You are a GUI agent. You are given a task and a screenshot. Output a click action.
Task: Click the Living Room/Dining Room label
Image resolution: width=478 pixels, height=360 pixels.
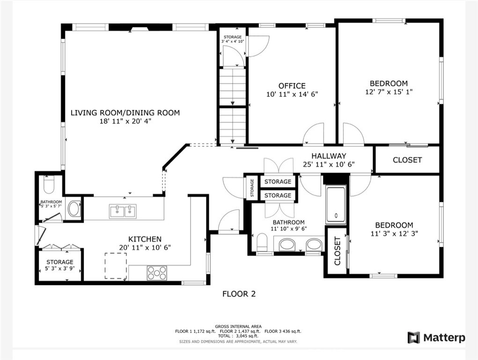point(125,113)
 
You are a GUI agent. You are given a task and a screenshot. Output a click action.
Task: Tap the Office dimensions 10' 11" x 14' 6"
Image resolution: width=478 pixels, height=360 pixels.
point(292,94)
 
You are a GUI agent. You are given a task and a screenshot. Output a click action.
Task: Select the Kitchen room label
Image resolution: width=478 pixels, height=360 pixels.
point(145,239)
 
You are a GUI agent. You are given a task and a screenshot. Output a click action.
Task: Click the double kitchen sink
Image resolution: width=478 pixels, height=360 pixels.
point(123,211)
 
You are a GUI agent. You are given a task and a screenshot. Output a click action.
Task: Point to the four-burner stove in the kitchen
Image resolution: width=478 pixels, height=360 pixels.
point(157,273)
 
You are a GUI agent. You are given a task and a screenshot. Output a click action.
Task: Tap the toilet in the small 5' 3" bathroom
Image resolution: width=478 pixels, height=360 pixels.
point(49,184)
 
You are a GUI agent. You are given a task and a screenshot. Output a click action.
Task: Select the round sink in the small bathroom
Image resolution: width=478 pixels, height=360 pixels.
point(74,209)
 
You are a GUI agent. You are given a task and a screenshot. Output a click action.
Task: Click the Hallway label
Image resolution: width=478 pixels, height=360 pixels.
point(329,156)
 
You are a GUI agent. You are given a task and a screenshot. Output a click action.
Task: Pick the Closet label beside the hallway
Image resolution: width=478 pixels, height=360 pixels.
point(407,160)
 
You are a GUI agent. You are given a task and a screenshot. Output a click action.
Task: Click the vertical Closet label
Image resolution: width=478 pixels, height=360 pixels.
point(337,251)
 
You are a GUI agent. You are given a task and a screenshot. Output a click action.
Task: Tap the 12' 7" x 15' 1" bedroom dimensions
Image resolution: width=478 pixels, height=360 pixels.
point(389,92)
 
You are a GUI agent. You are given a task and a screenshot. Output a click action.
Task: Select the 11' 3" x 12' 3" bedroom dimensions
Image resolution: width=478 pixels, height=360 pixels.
point(394,234)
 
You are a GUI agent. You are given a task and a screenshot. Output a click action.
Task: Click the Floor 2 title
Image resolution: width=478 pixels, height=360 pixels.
point(239,294)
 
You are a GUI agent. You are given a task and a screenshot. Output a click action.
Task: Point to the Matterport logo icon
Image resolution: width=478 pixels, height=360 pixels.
point(414,338)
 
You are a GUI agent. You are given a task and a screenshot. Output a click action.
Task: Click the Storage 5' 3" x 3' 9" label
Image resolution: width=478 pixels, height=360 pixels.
point(60,265)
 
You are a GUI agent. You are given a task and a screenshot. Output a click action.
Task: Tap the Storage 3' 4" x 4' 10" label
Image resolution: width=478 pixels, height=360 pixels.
point(233,39)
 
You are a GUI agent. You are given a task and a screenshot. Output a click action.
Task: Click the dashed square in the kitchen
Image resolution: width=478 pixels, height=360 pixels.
point(116,265)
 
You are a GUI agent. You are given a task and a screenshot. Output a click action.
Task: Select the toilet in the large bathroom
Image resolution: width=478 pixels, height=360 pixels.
point(262,242)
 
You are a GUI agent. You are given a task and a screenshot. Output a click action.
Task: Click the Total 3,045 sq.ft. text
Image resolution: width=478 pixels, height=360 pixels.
point(238,336)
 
